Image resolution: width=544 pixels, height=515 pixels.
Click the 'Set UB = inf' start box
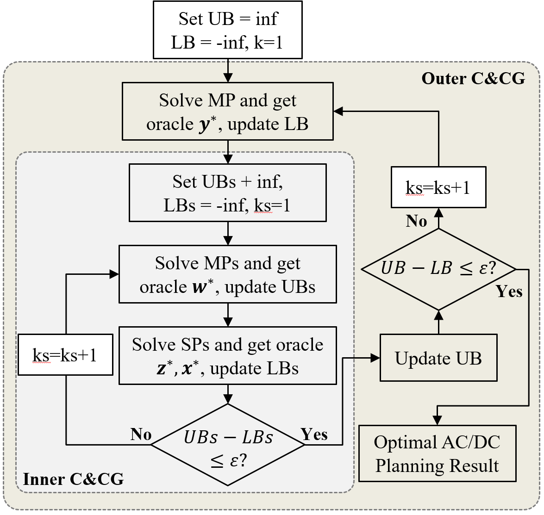pos(227,30)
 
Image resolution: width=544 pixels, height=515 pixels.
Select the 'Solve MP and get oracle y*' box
pos(227,112)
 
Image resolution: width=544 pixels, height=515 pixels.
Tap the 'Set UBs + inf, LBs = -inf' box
pos(227,193)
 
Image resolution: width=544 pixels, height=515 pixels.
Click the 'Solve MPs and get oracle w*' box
pos(227,274)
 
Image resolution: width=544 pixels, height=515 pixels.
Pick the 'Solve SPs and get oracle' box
pos(227,356)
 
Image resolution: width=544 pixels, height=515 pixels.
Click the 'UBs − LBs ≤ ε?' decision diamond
pos(228,445)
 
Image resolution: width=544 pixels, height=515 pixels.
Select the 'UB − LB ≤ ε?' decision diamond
pos(438,269)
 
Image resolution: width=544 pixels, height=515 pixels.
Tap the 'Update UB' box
pos(438,358)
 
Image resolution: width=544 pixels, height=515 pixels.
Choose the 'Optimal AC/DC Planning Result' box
pos(438,453)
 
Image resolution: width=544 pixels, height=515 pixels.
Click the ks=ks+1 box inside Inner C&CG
pos(65,354)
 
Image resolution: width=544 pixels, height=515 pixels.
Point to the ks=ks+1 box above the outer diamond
pos(438,187)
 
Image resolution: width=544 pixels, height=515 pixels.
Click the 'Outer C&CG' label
pos(473,78)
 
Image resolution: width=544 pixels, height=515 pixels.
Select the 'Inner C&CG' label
pos(73,479)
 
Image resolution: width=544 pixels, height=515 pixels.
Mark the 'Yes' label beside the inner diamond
pos(314,434)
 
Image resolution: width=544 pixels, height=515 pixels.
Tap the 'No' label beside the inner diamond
pos(141,434)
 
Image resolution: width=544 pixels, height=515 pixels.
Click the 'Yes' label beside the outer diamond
pos(509,292)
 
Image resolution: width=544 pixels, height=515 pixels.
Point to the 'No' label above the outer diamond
pos(416,221)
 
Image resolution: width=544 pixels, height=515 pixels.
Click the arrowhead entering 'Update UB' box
pos(375,358)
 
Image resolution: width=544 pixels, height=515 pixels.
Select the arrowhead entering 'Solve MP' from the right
pos(338,111)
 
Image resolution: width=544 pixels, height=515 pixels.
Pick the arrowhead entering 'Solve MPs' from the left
pos(114,274)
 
